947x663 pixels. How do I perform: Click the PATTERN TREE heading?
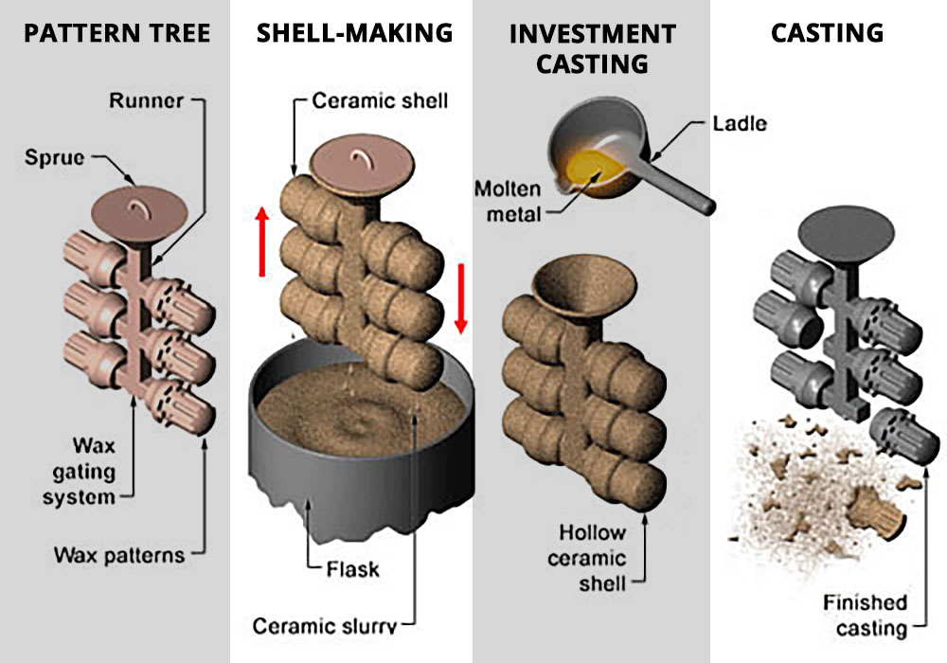coord(116,33)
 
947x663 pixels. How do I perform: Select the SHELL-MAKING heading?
coord(354,33)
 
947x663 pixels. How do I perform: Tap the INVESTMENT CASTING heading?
coord(593,48)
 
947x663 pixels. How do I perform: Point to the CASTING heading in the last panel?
coord(827,33)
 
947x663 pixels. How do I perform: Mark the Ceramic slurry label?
coord(324,626)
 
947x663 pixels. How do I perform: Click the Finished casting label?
coord(865,615)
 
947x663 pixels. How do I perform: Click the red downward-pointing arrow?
coord(461,300)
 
